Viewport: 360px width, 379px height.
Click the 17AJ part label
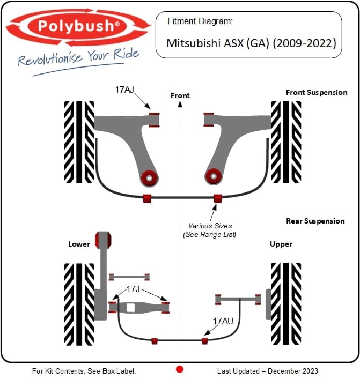[124, 90]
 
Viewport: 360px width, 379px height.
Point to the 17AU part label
[223, 321]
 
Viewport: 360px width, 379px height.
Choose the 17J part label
[134, 289]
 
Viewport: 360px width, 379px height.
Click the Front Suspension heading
[317, 92]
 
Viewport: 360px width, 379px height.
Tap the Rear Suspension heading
[315, 221]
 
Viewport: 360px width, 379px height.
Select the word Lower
[79, 244]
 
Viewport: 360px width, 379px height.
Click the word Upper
[281, 244]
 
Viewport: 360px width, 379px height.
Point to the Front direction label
[180, 95]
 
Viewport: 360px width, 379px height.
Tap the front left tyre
[79, 141]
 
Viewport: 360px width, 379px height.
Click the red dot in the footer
[180, 369]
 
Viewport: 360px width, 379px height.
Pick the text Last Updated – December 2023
[267, 371]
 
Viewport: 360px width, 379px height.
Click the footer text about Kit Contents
[84, 371]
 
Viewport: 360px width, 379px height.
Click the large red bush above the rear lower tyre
[102, 239]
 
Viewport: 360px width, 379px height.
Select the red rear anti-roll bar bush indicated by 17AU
[204, 341]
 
